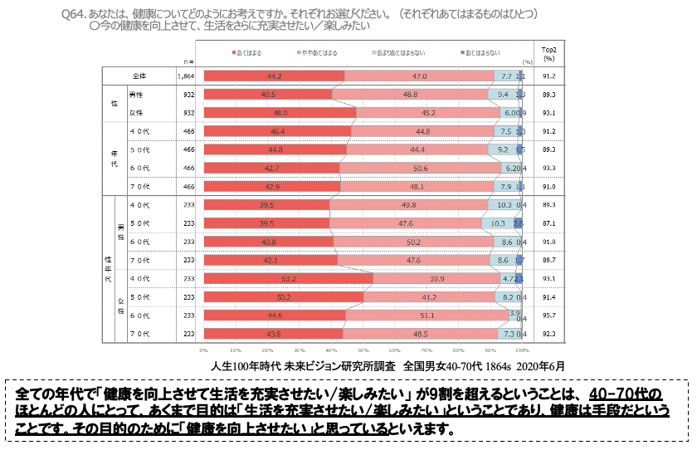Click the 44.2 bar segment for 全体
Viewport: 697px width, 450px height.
[x=274, y=76]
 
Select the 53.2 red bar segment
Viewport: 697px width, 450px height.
[x=288, y=278]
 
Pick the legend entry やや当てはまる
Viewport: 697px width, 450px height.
[x=316, y=53]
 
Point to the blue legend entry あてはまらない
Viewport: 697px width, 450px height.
[x=481, y=53]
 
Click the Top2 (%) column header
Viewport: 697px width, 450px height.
[x=548, y=54]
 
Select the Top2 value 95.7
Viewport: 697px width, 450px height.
[x=548, y=315]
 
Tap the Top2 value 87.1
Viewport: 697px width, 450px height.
[x=548, y=223]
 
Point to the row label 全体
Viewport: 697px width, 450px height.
[x=139, y=76]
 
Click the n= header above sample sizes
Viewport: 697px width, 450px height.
[x=189, y=61]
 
